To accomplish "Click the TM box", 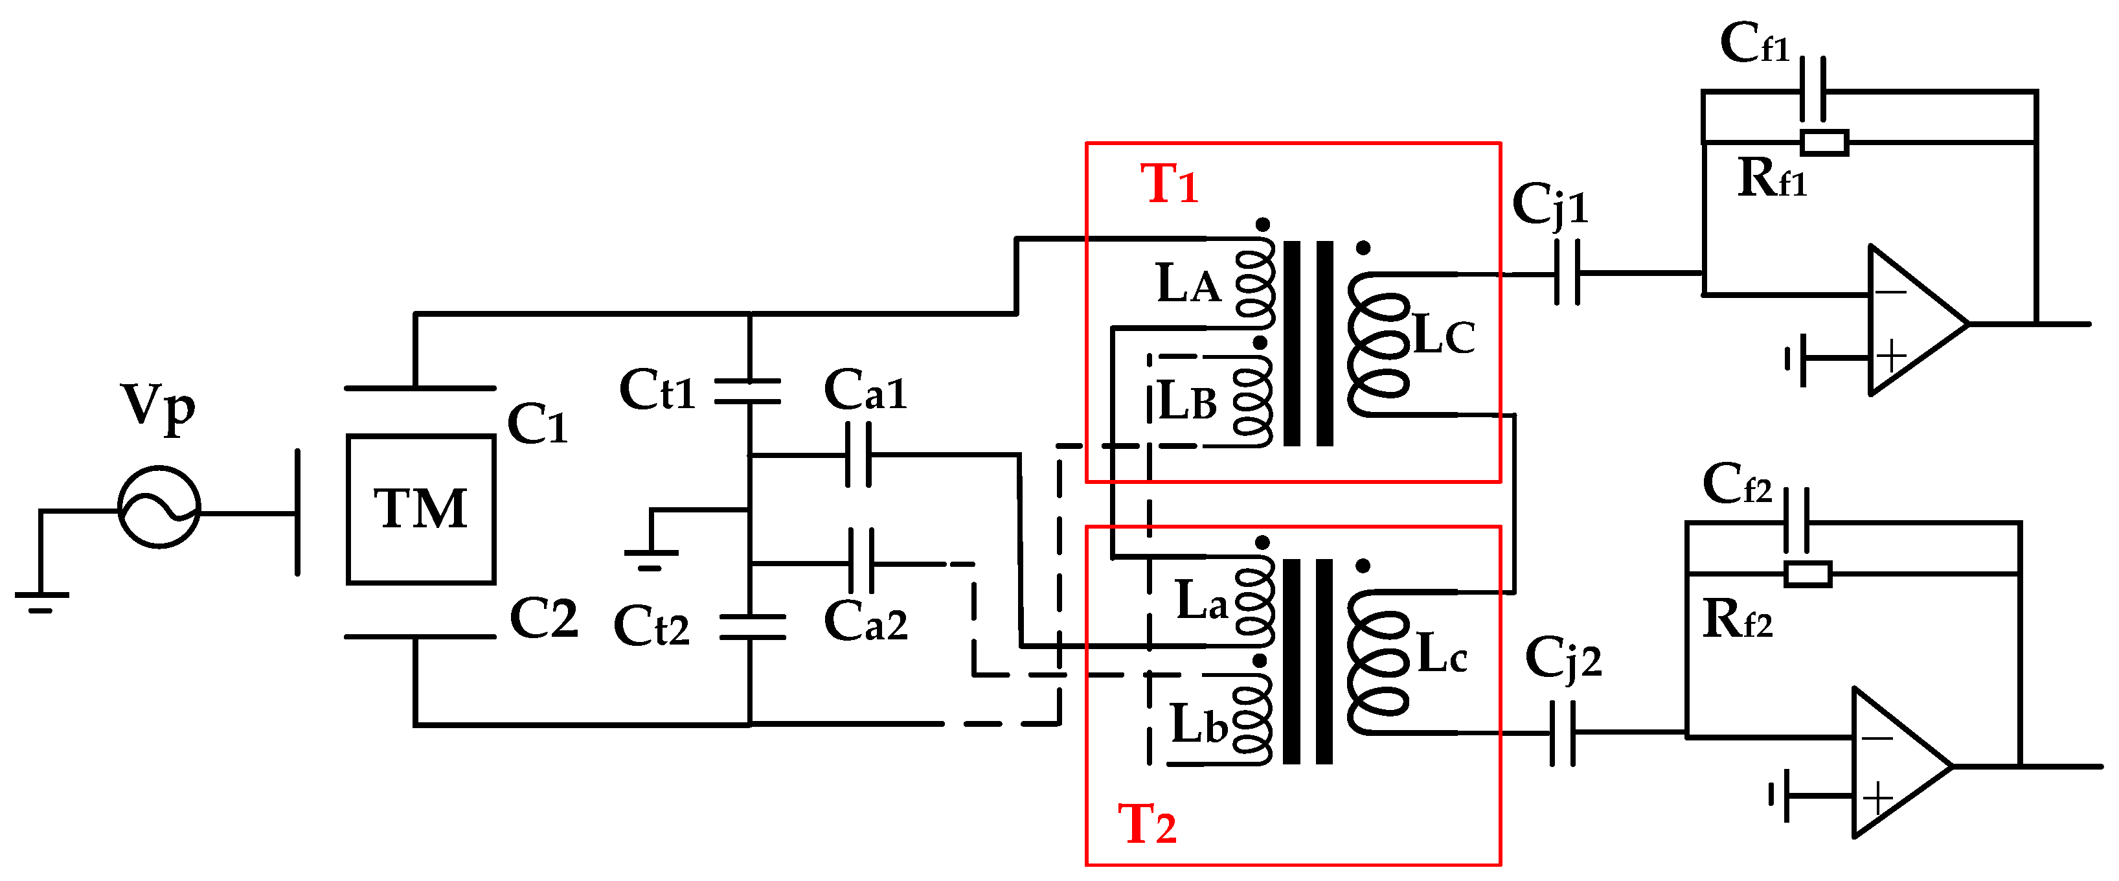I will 420,509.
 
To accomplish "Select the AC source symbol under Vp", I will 159,507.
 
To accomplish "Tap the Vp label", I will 158,406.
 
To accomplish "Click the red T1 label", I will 1168,184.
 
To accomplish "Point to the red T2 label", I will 1147,824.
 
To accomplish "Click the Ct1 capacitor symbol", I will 748,391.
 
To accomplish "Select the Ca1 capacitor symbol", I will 859,454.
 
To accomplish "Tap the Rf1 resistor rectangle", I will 1824,143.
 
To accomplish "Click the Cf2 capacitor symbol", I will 1796,522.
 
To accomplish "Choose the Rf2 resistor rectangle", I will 1807,573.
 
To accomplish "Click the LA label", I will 1188,284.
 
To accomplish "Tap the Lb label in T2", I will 1199,724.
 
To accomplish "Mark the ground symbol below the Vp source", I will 41,601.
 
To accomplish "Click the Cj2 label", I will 1562,658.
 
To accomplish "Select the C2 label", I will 543,618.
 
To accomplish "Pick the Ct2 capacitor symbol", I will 751,627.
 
